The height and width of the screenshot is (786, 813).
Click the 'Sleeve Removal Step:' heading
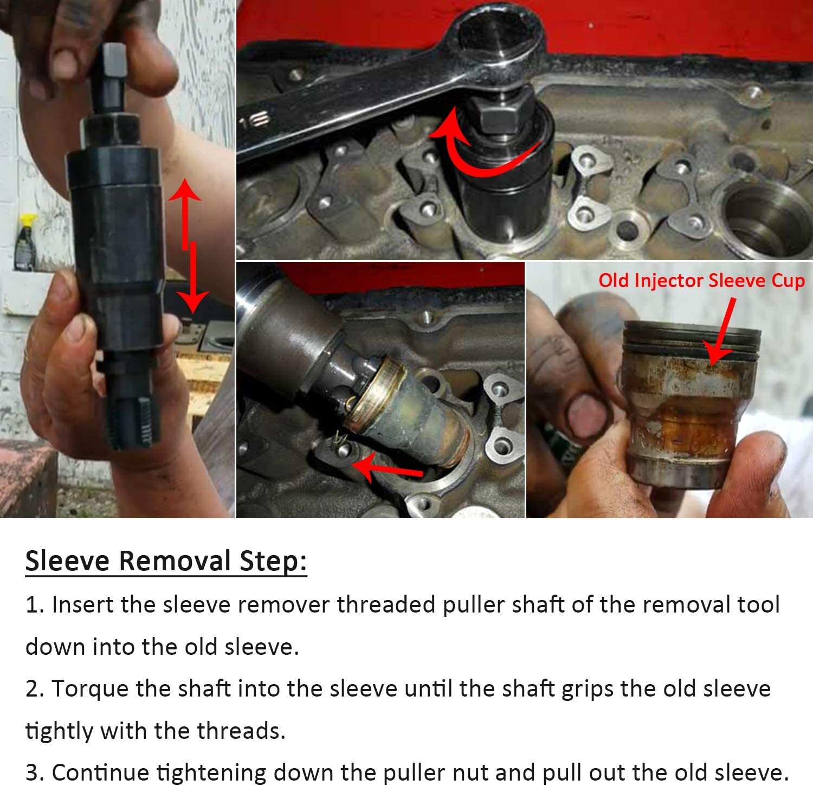point(166,560)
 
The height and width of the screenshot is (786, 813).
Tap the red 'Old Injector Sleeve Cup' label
point(701,281)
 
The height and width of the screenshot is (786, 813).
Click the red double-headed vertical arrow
point(188,247)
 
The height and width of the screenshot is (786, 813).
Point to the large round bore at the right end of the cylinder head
point(759,217)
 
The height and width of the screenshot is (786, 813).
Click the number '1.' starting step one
point(35,605)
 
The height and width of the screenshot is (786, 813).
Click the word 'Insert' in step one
point(82,605)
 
